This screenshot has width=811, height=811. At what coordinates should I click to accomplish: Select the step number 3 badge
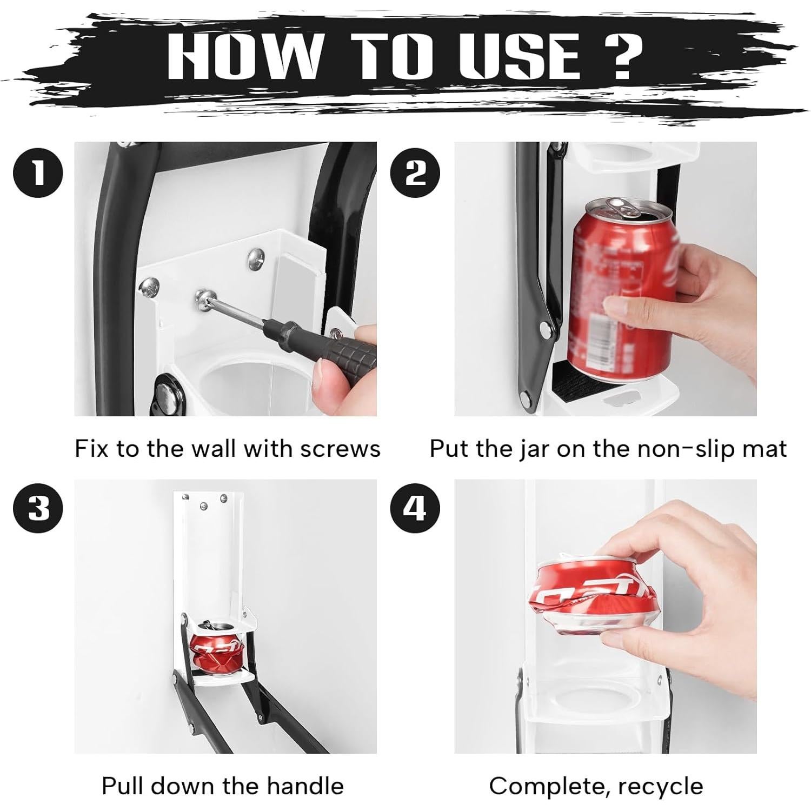point(38,509)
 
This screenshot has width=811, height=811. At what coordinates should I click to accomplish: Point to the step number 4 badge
point(415,509)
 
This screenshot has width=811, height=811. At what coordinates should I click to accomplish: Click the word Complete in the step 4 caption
point(546,786)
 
